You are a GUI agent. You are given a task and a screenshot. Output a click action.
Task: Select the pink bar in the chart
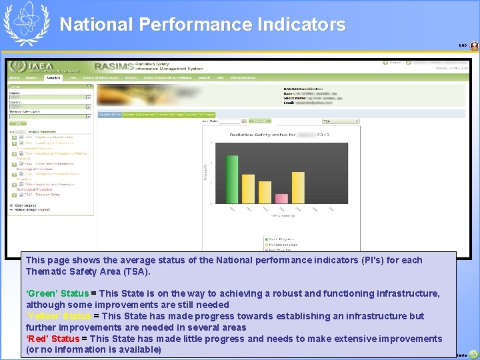click(x=281, y=198)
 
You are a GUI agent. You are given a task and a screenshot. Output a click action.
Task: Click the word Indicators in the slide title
click(x=301, y=25)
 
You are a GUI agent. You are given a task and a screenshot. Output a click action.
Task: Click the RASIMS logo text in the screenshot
click(x=114, y=67)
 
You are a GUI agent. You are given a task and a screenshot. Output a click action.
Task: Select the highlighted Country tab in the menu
click(x=53, y=77)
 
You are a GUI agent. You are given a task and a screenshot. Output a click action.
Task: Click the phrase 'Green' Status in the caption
click(x=57, y=293)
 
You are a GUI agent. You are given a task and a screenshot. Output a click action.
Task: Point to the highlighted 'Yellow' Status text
click(x=58, y=316)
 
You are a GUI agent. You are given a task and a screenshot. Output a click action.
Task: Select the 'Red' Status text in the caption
click(x=53, y=339)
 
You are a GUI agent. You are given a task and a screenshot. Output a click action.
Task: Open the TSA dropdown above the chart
click(x=340, y=121)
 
